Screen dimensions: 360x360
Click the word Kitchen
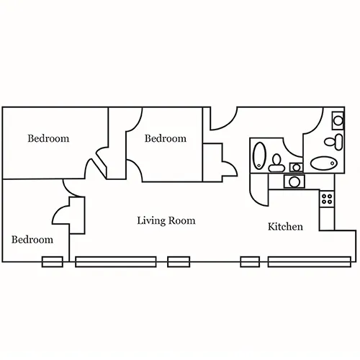click(x=285, y=227)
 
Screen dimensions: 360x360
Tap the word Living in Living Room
click(x=151, y=221)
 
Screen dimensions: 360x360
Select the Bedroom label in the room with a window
click(x=32, y=240)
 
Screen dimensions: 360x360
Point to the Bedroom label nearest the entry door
click(x=166, y=138)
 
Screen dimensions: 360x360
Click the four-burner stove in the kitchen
click(x=327, y=199)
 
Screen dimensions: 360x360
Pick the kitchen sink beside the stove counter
click(x=294, y=181)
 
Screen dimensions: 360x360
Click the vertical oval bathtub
click(x=259, y=156)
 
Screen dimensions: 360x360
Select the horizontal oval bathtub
click(x=324, y=163)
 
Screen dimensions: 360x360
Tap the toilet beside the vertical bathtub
click(x=276, y=163)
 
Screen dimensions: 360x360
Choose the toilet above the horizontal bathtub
click(x=333, y=142)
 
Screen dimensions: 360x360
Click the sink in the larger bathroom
click(x=338, y=120)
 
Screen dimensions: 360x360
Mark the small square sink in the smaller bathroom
click(x=296, y=167)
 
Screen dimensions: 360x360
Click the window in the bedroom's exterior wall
click(x=53, y=261)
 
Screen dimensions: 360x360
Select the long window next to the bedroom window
click(x=116, y=261)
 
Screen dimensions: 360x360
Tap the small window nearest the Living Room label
click(x=179, y=261)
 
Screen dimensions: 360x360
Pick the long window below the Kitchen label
click(x=310, y=261)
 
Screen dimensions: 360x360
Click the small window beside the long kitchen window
click(x=250, y=261)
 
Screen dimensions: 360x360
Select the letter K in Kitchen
click(x=271, y=226)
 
